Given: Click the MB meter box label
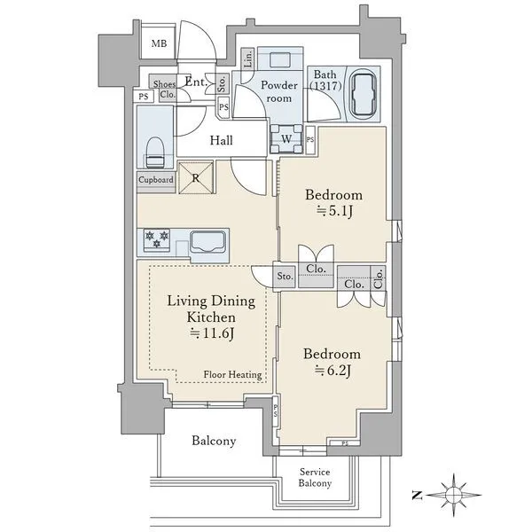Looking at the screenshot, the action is [x=159, y=43].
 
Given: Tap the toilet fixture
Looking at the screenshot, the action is [x=155, y=152].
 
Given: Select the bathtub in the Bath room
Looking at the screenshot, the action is [x=364, y=93].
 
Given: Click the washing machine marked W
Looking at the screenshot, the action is [x=286, y=139].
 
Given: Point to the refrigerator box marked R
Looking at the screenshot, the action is [x=196, y=177].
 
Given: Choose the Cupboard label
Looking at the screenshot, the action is [x=156, y=179].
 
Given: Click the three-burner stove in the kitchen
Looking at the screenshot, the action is [x=157, y=239].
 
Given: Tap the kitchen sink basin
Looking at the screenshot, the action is [x=207, y=242].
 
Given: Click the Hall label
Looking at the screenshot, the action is [x=221, y=140].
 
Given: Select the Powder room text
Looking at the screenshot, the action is [x=279, y=91].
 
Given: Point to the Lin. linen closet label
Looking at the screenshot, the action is [x=248, y=59].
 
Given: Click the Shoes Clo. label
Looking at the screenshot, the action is [x=165, y=89].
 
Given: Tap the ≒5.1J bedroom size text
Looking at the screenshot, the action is [x=334, y=211].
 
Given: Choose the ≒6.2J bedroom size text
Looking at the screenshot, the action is [x=332, y=371].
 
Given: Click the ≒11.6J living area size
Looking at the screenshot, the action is [x=212, y=333].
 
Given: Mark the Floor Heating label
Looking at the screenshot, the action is [x=232, y=374].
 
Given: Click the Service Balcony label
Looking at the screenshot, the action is [x=315, y=477].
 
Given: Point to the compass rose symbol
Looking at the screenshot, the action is [x=454, y=496].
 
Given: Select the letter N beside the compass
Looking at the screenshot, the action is [x=417, y=496].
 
